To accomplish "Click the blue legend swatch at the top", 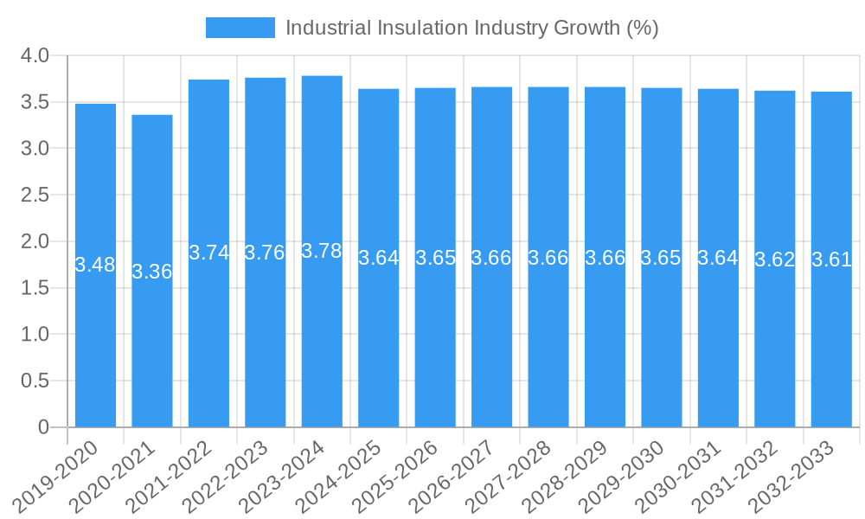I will (x=240, y=28).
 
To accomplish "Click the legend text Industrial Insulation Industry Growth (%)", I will (x=471, y=28).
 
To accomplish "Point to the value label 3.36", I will (x=152, y=272).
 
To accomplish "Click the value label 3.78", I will (x=322, y=251).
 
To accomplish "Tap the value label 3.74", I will (x=209, y=253).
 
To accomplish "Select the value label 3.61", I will (x=831, y=259).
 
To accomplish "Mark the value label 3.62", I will (x=775, y=259).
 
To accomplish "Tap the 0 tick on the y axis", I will (x=44, y=427).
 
